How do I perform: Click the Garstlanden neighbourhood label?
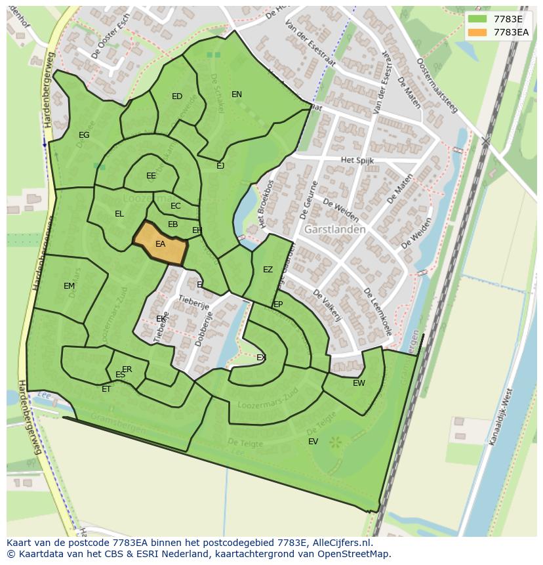coord(334,230)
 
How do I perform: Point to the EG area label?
coord(84,135)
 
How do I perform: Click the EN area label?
coord(237,94)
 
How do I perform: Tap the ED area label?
coord(177,96)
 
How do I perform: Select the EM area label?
coord(69,286)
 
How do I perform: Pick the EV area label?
coord(313,442)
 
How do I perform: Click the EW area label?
coord(359,383)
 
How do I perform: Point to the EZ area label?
coord(268,270)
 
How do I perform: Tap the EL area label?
coord(119,214)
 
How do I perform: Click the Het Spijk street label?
coord(357,160)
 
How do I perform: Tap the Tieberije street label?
coord(193,303)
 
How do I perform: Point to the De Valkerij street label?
coord(327,306)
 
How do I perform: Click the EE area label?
coord(151,176)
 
